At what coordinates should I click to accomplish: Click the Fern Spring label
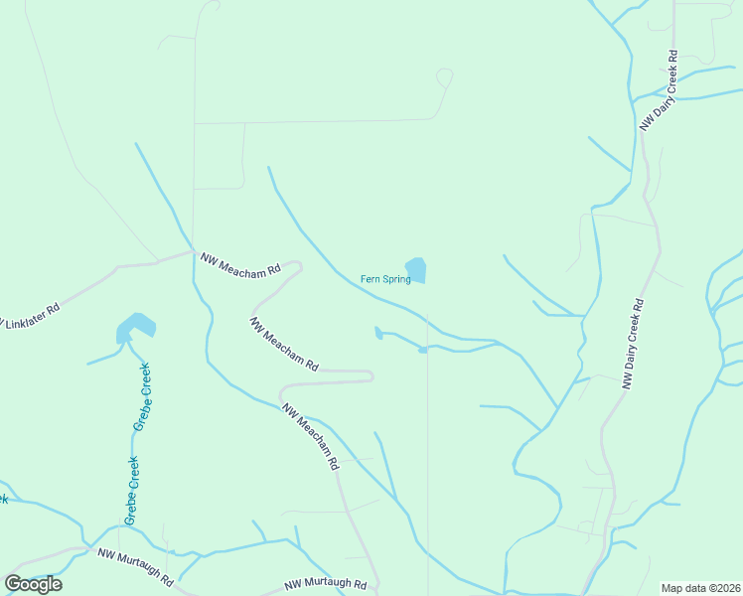pos(384,279)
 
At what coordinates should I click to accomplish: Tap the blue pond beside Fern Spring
pos(416,270)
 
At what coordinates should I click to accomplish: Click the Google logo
pos(33,583)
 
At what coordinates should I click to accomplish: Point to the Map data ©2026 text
pos(700,588)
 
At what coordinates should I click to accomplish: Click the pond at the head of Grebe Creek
pos(135,327)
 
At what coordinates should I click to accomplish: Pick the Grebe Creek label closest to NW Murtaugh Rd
pos(131,490)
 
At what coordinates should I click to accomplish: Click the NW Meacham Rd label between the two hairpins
pos(284,345)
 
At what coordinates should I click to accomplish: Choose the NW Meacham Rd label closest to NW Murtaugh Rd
pos(311,436)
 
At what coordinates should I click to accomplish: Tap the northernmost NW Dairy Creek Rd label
pos(659,90)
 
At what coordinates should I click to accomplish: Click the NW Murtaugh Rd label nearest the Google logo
pos(135,566)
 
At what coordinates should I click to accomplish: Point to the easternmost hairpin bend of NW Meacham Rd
pos(371,375)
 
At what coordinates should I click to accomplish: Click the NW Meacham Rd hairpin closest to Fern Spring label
pos(299,265)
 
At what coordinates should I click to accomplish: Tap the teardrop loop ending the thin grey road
pos(445,76)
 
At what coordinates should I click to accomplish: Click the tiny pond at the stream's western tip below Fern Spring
pos(377,333)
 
